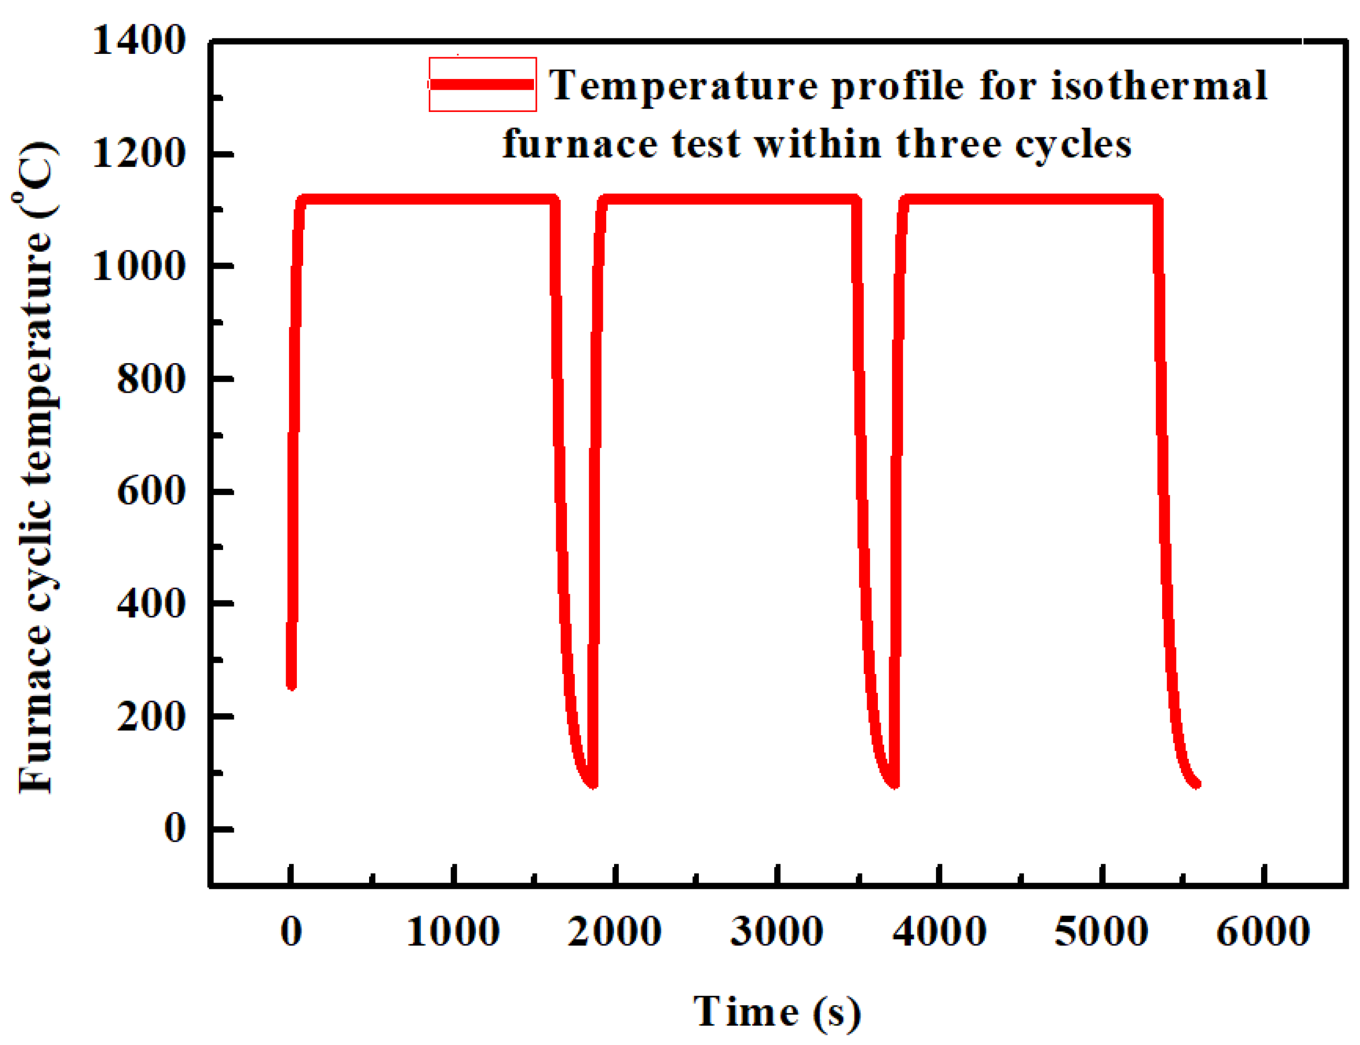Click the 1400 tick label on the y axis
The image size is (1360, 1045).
(139, 41)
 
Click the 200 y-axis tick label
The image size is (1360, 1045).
(151, 717)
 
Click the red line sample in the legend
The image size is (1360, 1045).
(482, 84)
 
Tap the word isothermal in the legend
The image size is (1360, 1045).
(1158, 85)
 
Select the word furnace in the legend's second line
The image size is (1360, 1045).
(580, 145)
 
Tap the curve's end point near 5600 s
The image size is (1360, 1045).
(1195, 784)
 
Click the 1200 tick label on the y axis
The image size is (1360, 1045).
(139, 154)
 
